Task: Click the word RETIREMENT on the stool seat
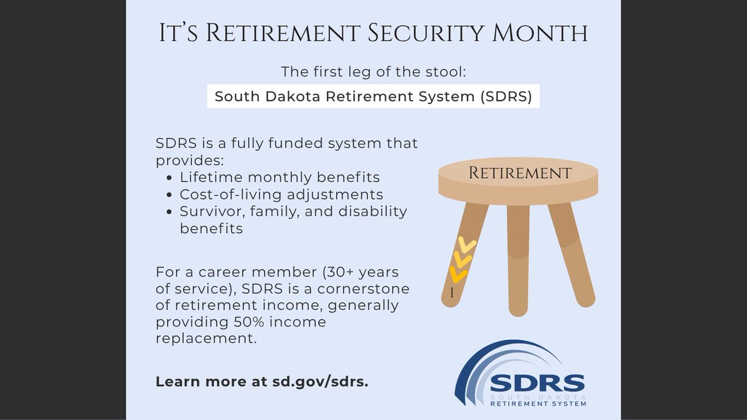click(x=520, y=173)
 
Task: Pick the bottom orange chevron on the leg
click(x=458, y=274)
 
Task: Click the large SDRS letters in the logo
click(x=537, y=381)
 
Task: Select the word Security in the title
click(x=436, y=34)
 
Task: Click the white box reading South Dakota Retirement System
click(x=373, y=97)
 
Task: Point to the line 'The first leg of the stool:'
click(x=373, y=72)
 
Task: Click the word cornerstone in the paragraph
click(x=357, y=290)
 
